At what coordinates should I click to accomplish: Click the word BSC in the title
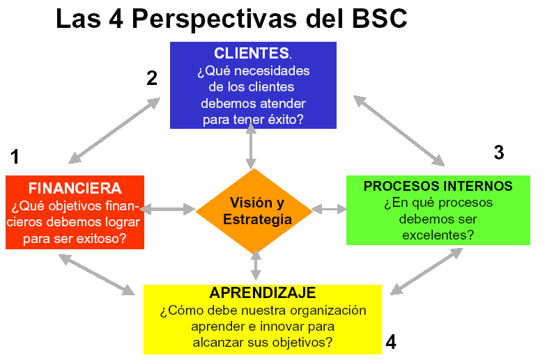pyautogui.click(x=380, y=18)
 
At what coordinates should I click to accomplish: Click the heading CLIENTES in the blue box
pyautogui.click(x=252, y=54)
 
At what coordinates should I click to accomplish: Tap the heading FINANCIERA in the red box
pyautogui.click(x=75, y=189)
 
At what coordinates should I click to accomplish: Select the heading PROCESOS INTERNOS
pyautogui.click(x=438, y=186)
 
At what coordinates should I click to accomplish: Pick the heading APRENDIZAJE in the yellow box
pyautogui.click(x=263, y=292)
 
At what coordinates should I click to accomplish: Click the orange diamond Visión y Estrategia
pyautogui.click(x=254, y=211)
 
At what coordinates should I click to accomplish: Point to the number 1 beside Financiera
pyautogui.click(x=15, y=157)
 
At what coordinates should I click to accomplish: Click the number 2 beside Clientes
pyautogui.click(x=152, y=78)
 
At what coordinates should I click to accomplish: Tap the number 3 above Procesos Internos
pyautogui.click(x=499, y=152)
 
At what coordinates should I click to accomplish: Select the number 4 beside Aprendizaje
pyautogui.click(x=391, y=342)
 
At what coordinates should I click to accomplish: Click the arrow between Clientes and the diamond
pyautogui.click(x=251, y=146)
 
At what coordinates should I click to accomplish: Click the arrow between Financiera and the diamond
pyautogui.click(x=167, y=209)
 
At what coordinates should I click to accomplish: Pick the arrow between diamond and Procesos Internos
pyautogui.click(x=330, y=209)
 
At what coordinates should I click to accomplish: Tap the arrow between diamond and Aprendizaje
pyautogui.click(x=256, y=265)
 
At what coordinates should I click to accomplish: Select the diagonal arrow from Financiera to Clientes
pyautogui.click(x=114, y=131)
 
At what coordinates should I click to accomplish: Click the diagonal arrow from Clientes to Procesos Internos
pyautogui.click(x=399, y=131)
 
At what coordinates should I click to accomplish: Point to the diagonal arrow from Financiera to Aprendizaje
pyautogui.click(x=96, y=274)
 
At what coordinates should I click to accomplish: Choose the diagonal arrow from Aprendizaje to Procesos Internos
pyautogui.click(x=426, y=271)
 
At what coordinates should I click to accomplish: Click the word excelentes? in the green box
pyautogui.click(x=438, y=235)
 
